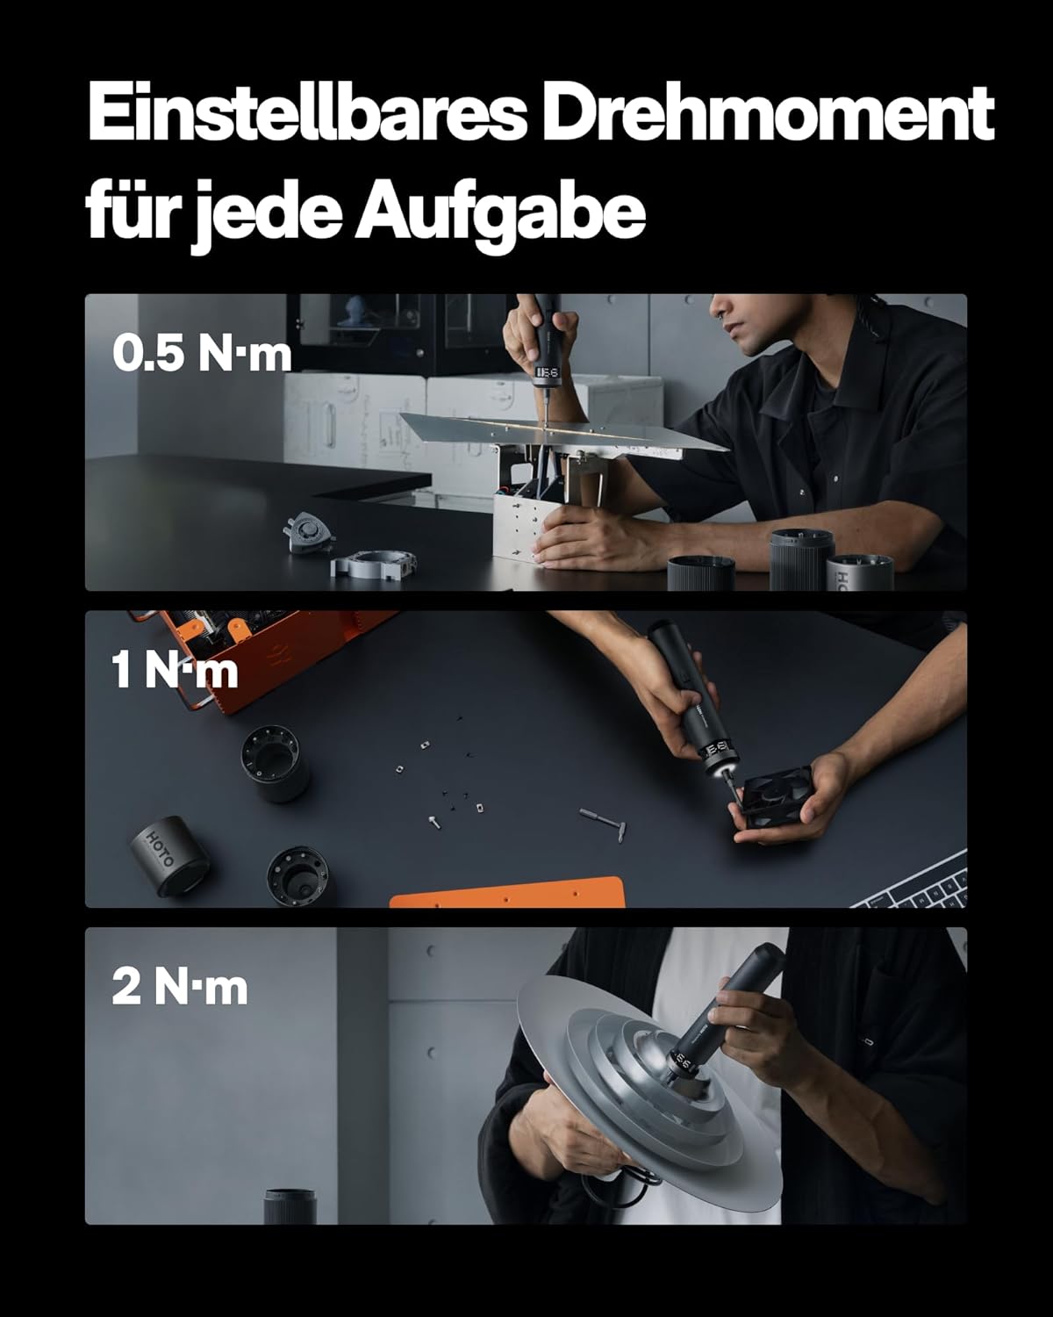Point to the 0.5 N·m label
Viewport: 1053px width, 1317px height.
pyautogui.click(x=202, y=355)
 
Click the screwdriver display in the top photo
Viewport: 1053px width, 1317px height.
pyautogui.click(x=548, y=371)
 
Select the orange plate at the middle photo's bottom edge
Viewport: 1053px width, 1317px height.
pyautogui.click(x=507, y=893)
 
